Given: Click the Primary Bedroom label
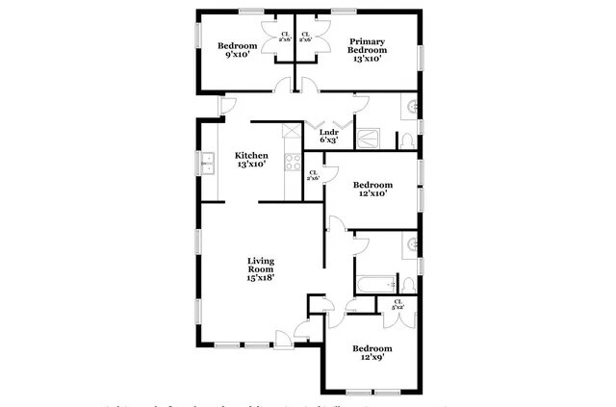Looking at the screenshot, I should click(366, 50).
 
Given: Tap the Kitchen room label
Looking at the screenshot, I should click(251, 160).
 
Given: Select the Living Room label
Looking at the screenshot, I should click(261, 268).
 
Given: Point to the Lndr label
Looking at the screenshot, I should click(328, 136).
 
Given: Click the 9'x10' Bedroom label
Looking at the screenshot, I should click(237, 50).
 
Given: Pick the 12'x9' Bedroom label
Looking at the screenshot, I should click(372, 353).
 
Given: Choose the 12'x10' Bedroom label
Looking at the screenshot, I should click(372, 189).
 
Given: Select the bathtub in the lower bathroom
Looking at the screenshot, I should click(376, 284).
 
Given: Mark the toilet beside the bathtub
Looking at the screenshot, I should click(407, 284).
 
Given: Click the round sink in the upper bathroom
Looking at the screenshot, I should click(412, 106).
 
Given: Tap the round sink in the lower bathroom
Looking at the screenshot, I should click(412, 244).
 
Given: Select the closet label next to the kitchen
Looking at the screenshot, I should click(313, 176).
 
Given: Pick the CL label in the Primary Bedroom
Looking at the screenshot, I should click(305, 38).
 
